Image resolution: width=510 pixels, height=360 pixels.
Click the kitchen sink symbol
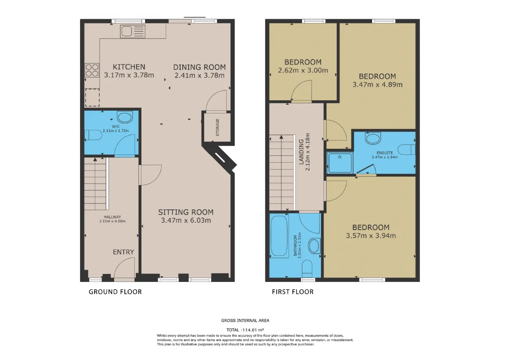point(133,31)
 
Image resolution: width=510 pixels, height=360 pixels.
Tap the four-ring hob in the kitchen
point(92,70)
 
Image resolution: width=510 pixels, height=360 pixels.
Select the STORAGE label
point(218,127)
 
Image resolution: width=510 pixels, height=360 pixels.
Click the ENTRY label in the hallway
point(124,252)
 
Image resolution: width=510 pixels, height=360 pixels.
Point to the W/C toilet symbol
point(93,135)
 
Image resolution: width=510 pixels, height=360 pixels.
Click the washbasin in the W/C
point(125,117)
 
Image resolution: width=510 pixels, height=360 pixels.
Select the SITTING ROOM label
point(186,212)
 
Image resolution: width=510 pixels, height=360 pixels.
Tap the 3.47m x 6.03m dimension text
point(186,220)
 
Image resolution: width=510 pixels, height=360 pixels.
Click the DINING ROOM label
point(200,67)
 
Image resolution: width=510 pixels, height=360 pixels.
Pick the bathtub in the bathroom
point(279,236)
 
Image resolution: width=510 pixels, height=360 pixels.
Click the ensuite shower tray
point(340,162)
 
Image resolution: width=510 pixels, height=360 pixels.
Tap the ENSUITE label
point(385,153)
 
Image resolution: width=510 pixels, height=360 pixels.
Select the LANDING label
point(301,152)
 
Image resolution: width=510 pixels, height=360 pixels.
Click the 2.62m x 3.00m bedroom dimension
point(303,70)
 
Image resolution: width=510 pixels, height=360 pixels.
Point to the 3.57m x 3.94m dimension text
point(371,235)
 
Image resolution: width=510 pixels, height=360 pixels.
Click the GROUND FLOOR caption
point(115,292)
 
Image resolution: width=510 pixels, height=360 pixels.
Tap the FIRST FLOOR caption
point(293,292)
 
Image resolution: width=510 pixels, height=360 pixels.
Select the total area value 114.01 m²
point(253,330)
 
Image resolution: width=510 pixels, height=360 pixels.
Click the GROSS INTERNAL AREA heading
point(245,321)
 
